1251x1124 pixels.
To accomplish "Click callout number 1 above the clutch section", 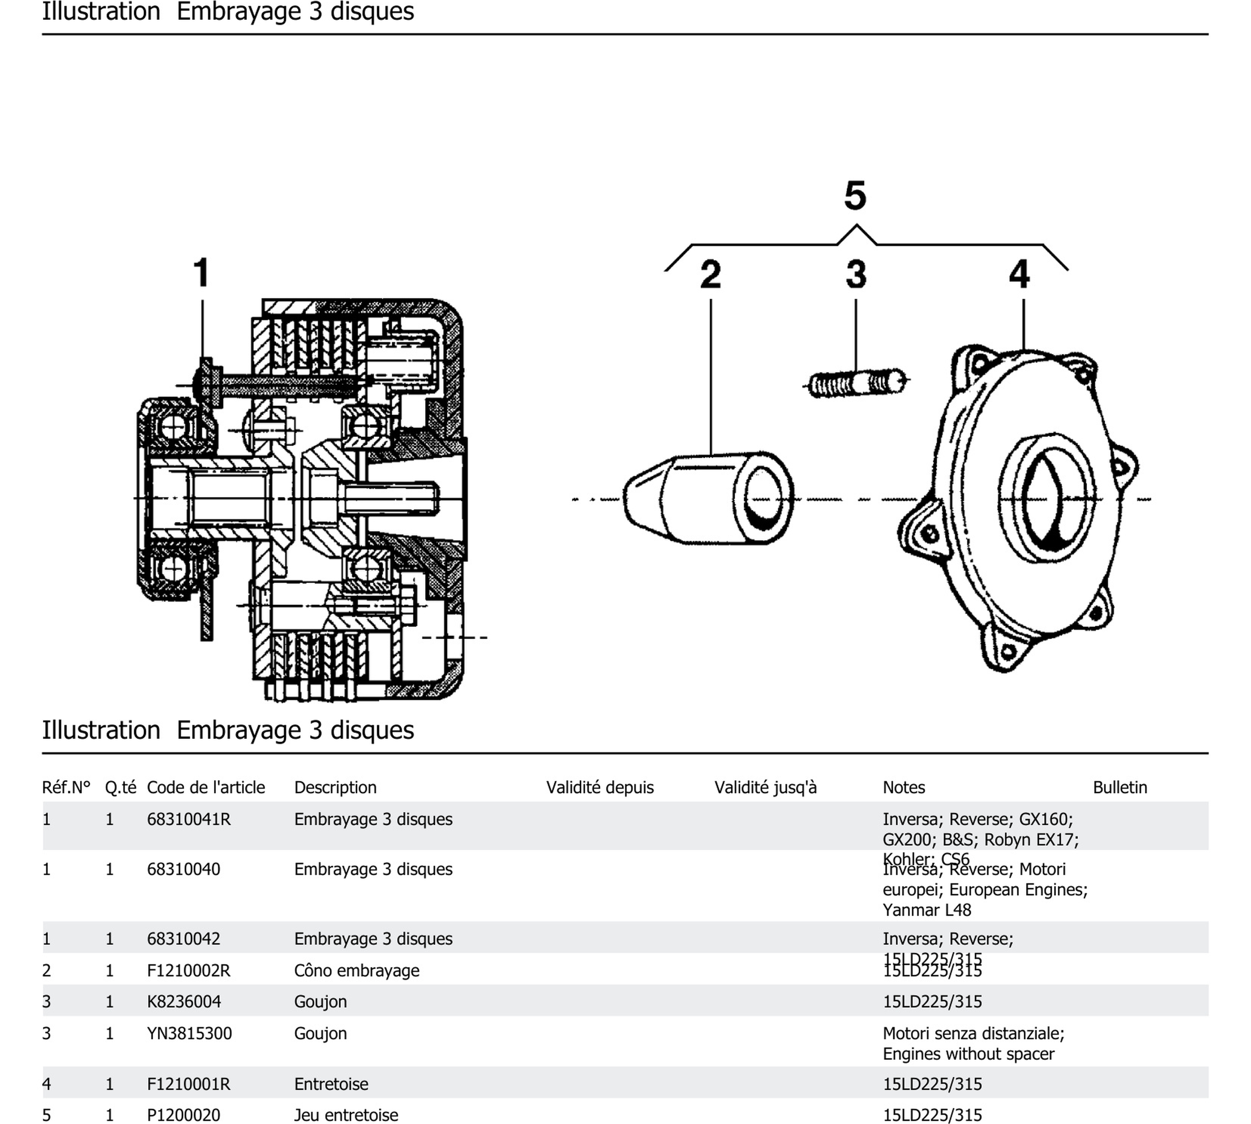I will coord(202,272).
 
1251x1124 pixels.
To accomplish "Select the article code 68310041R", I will coord(188,819).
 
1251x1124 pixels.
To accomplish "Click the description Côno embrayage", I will coord(356,970).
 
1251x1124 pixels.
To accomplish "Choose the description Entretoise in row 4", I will coord(331,1084).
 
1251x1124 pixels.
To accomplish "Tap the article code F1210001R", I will coord(188,1084).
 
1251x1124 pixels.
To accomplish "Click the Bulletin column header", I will coord(1119,788).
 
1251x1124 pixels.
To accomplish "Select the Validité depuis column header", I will coord(599,788).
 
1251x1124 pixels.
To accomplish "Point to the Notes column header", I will coord(903,788).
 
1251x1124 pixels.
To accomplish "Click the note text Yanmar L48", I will coord(926,910).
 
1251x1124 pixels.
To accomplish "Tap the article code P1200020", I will coord(184,1115).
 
